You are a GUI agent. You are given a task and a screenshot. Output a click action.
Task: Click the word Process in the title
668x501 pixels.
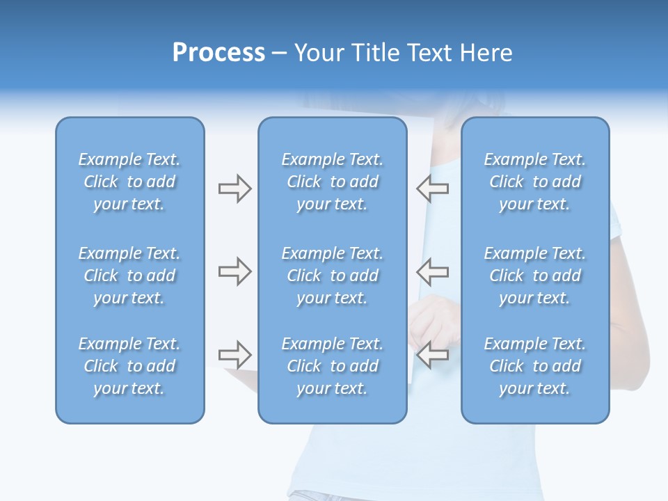218,53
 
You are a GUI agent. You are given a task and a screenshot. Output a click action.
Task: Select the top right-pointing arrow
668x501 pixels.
234,189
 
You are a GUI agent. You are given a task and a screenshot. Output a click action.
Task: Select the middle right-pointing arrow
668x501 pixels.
234,271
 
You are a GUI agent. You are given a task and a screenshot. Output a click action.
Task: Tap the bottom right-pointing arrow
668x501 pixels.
234,355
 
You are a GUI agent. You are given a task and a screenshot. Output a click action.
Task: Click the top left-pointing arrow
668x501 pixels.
432,189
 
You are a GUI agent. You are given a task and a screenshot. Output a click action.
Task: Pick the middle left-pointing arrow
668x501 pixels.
432,271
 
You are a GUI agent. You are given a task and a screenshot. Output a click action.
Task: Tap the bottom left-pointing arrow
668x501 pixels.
432,355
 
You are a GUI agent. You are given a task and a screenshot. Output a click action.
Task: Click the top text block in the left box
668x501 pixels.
129,182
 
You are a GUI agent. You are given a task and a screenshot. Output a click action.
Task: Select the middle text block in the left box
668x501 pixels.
129,276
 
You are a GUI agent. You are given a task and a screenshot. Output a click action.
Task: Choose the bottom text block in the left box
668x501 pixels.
129,366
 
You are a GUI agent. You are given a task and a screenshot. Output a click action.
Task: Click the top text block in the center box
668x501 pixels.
332,182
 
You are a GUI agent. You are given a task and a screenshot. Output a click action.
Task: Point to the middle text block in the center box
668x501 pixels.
332,276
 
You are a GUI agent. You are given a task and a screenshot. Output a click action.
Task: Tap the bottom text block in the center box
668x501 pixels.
332,366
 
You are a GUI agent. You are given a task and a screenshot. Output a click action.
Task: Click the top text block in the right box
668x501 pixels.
534,182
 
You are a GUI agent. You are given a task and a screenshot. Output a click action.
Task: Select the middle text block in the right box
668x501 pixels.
534,276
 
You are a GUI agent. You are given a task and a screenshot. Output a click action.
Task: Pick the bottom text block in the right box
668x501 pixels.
534,366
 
